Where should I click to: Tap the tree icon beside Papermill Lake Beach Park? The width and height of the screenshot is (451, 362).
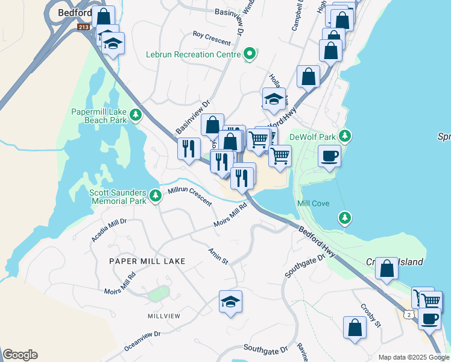click(137, 115)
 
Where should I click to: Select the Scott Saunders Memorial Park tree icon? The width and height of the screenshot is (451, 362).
click(156, 195)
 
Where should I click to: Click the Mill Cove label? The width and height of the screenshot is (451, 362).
click(314, 204)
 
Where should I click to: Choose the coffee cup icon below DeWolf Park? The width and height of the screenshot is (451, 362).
click(329, 156)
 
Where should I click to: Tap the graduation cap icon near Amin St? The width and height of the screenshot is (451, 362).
click(230, 301)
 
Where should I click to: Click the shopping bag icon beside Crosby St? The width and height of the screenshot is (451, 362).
click(355, 328)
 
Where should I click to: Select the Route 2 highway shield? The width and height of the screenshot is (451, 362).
click(410, 314)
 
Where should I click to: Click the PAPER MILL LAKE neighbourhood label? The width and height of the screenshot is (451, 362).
click(147, 261)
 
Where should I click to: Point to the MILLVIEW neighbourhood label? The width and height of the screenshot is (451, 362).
click(164, 316)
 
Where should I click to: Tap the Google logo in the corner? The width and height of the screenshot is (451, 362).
click(20, 355)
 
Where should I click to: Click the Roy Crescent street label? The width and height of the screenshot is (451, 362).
click(212, 38)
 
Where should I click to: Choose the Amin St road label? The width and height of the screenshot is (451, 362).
click(218, 256)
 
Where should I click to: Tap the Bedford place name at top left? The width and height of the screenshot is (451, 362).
click(75, 12)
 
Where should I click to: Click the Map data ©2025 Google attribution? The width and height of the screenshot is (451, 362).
click(413, 357)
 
